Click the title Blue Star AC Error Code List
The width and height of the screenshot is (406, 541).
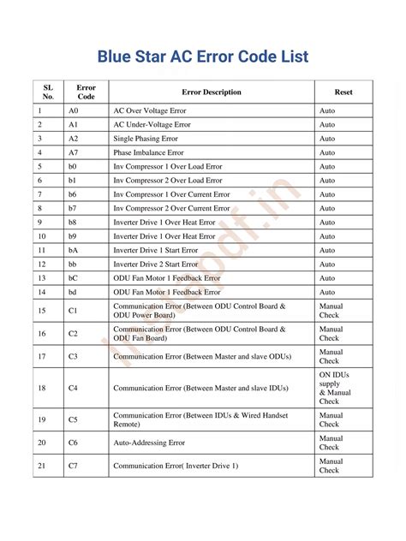(203, 57)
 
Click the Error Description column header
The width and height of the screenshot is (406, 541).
(212, 92)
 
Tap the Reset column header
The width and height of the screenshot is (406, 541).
(343, 92)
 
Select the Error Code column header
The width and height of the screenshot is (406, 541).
(86, 92)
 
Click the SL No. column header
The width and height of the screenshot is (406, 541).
(48, 92)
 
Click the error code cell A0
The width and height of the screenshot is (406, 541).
(73, 111)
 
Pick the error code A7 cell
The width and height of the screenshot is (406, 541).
(73, 152)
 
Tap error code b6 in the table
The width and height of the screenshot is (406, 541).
(73, 194)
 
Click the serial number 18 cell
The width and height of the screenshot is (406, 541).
(42, 388)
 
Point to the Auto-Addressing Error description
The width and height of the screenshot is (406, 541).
(149, 443)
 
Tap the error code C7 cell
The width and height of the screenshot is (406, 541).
(73, 466)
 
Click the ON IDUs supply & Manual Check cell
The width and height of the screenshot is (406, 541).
(330, 388)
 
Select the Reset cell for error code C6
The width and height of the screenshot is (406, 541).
(330, 443)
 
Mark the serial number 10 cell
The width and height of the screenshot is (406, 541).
(42, 235)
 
